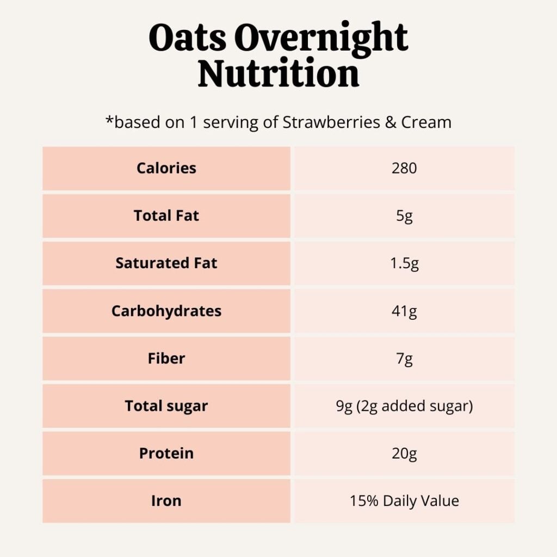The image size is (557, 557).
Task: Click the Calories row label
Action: [166, 168]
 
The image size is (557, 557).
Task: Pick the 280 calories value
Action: [404, 168]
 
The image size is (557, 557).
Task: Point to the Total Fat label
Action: [166, 215]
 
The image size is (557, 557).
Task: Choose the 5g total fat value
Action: [404, 216]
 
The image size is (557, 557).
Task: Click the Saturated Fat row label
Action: [166, 263]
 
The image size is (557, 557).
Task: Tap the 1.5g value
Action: [404, 264]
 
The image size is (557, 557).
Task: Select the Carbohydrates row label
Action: [166, 311]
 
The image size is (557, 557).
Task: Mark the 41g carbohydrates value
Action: [404, 312]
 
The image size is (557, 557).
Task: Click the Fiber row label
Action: [166, 358]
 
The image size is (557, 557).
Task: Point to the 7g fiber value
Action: [404, 359]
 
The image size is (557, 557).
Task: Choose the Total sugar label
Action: [166, 406]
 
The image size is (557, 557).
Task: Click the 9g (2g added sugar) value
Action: [404, 406]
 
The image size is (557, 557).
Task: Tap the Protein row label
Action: [166, 453]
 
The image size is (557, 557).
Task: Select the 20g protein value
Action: [404, 454]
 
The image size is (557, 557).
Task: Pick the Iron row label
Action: [166, 501]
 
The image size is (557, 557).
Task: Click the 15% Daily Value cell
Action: [404, 501]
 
